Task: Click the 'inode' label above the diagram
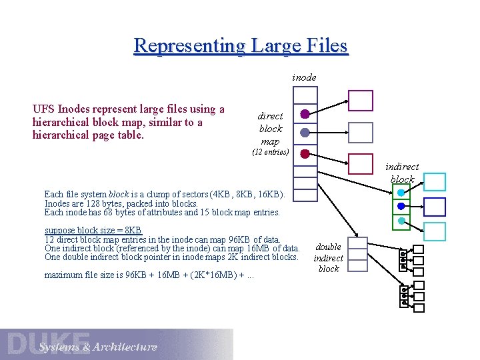[x=304, y=77]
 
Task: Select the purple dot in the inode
[x=305, y=114]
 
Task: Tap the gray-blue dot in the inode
[x=305, y=133]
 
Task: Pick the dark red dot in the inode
[x=305, y=153]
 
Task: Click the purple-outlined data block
[x=361, y=101]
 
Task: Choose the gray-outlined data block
[x=361, y=132]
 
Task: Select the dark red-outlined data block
[x=361, y=163]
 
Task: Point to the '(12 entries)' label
[x=270, y=152]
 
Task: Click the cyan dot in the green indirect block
[x=401, y=193]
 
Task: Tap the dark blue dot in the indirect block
[x=401, y=206]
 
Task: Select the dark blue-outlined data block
[x=435, y=207]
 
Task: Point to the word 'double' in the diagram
[x=329, y=247]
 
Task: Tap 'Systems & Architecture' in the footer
[x=98, y=347]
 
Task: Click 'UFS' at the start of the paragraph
[x=44, y=109]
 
